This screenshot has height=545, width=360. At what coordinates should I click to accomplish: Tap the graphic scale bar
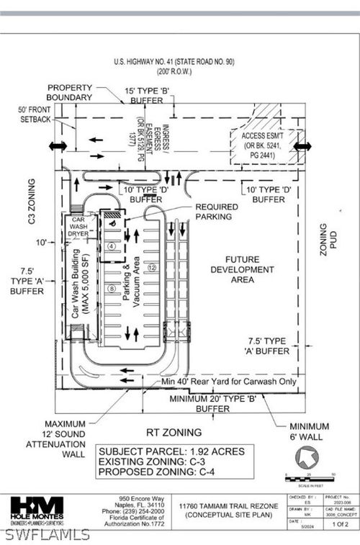coord(311,478)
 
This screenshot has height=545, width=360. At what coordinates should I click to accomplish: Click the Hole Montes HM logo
coord(37,508)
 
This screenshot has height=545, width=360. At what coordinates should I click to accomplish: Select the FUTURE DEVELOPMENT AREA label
coord(242,270)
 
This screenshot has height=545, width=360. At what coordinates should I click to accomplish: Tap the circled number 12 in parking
coord(152,267)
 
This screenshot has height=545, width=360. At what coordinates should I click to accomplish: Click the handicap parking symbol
coord(112,223)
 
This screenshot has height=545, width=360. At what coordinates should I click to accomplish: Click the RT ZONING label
coord(174,433)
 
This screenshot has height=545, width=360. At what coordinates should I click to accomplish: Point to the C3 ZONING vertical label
coord(32,202)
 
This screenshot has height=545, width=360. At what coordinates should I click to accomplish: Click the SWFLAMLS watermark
coord(48,534)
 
